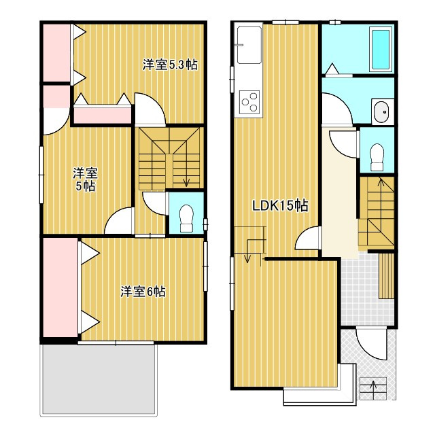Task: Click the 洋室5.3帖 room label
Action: pos(170,65)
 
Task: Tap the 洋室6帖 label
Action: pos(143,292)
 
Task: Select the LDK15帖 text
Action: pos(280,206)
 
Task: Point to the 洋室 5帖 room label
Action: pos(85,179)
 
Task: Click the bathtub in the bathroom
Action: pos(381,50)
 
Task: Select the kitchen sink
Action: pos(249,46)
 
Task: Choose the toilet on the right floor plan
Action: pos(377,157)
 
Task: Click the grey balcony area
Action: pos(99,379)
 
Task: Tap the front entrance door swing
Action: pos(372,344)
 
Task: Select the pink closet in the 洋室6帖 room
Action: pos(60,288)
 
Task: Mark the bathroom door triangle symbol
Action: pos(332,69)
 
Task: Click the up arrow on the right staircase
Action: pos(381,186)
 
